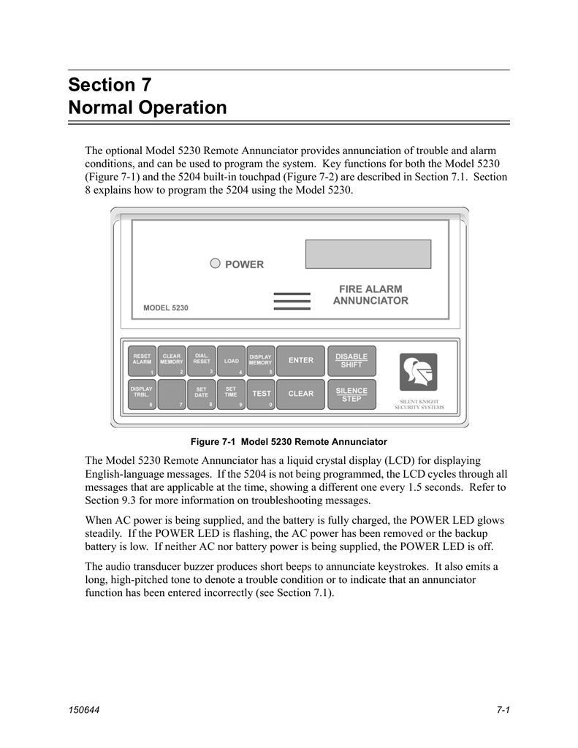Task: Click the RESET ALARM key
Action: coord(142,360)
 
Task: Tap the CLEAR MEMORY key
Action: coord(172,360)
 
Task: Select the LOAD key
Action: coord(231,360)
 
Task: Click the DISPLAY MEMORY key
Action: coord(261,360)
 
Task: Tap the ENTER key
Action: coord(300,360)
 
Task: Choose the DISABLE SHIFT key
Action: coord(351,360)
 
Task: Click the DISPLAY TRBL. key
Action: coord(142,394)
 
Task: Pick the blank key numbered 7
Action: coord(172,394)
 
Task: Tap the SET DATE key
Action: coord(201,394)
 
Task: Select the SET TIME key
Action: coord(231,394)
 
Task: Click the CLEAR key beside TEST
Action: coord(300,394)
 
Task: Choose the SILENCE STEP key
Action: coord(351,394)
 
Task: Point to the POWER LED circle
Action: coord(215,264)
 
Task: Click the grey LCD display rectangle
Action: coord(368,253)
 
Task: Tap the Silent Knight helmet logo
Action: coord(419,372)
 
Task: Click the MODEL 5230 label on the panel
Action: coord(166,308)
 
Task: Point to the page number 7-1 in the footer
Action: coord(501,710)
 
